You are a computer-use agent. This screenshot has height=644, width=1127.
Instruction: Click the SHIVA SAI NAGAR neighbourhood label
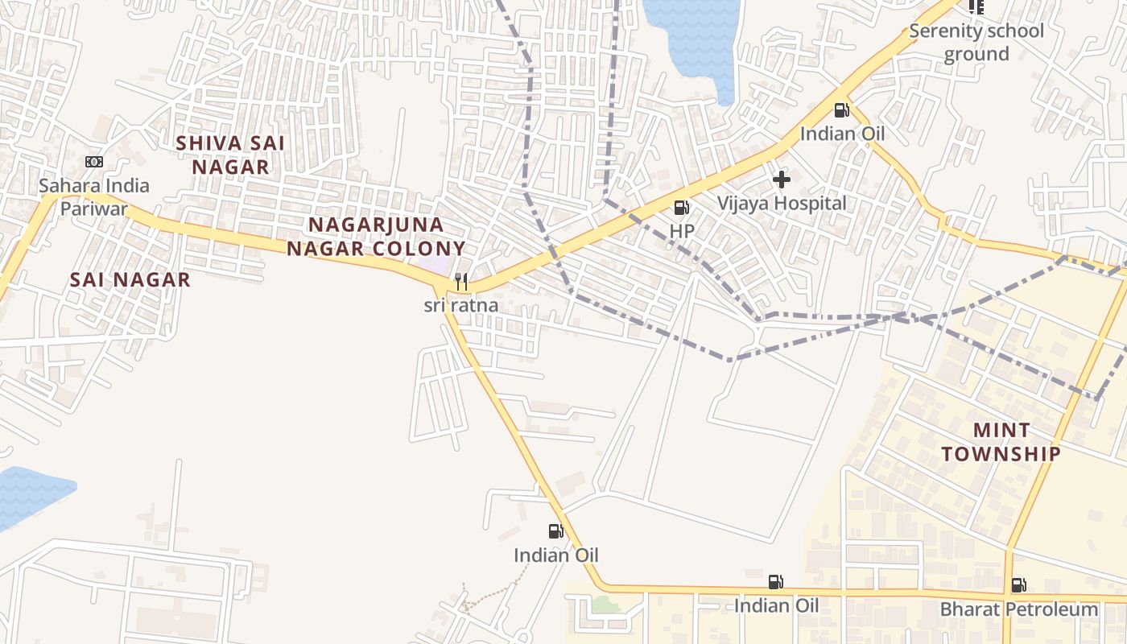[x=230, y=155]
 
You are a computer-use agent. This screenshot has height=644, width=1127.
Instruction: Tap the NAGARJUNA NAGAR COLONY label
[x=376, y=236]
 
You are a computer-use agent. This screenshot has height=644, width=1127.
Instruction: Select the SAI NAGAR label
[x=130, y=279]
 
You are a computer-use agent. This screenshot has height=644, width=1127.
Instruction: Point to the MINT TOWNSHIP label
[x=1001, y=442]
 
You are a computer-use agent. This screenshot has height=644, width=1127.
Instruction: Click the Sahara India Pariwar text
[x=94, y=197]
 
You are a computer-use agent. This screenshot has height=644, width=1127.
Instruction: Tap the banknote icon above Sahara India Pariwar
[x=94, y=162]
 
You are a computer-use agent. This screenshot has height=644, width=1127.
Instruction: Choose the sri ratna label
[x=461, y=306]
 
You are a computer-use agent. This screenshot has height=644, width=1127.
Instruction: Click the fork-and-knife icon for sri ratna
[x=461, y=282]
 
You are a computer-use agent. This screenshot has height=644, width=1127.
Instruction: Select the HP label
[x=682, y=231]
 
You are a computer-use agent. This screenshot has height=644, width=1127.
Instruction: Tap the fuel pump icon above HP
[x=682, y=208]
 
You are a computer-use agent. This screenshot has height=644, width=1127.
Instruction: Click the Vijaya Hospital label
[x=782, y=204]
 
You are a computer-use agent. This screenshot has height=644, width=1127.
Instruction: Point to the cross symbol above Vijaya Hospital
[x=782, y=180]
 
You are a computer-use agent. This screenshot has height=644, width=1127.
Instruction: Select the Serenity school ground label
[x=976, y=43]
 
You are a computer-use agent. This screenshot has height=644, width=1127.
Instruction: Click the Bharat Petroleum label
[x=1019, y=609]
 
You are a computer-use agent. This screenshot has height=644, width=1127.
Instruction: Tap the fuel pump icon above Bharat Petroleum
[x=1019, y=585]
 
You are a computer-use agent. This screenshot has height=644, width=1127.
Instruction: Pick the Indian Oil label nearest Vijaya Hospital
[x=842, y=134]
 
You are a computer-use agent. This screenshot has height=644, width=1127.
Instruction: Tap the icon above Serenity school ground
[x=976, y=7]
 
